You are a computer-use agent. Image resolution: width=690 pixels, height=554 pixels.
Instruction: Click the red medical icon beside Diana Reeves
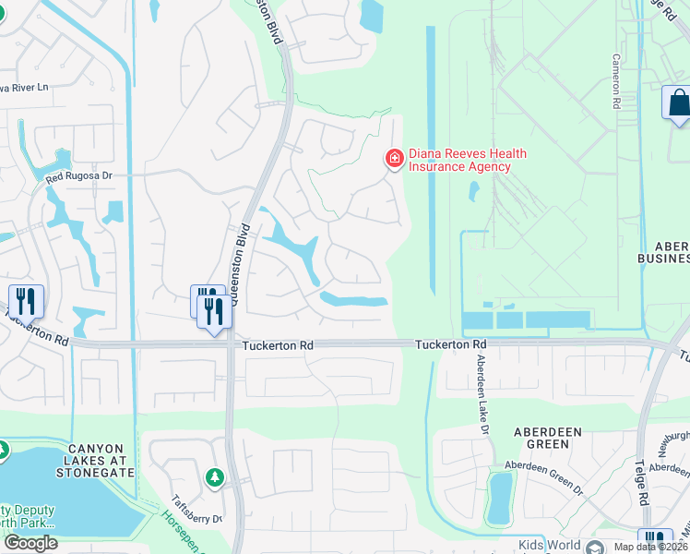[x=395, y=160]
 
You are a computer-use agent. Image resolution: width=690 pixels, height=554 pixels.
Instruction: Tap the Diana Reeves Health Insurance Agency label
[x=466, y=160]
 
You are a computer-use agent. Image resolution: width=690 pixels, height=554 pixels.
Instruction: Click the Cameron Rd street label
[x=615, y=80]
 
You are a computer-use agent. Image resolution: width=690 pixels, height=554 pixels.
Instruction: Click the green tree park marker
[x=214, y=476]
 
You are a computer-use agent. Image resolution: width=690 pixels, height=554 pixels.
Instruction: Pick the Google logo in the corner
[x=30, y=543]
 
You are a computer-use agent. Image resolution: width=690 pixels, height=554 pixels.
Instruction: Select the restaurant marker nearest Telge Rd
[x=655, y=541]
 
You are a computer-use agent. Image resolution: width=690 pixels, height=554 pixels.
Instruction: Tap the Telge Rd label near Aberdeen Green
[x=640, y=482]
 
